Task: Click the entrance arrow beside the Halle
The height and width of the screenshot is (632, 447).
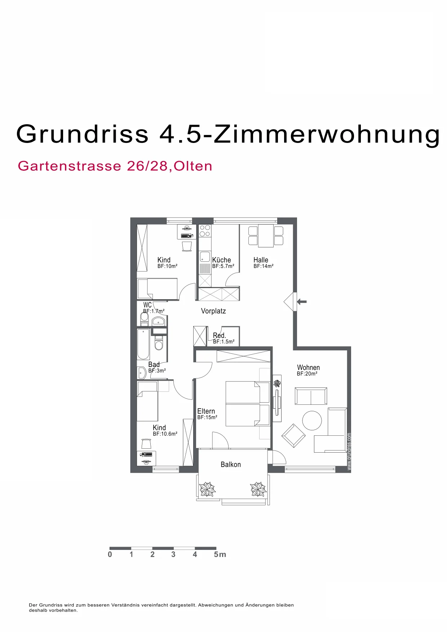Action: tap(302, 301)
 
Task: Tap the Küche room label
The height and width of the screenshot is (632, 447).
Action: tap(221, 260)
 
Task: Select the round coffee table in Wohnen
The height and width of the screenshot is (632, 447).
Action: tap(312, 421)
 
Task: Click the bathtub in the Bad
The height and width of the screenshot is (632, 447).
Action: tap(143, 344)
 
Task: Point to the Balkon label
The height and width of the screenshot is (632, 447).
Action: tap(231, 465)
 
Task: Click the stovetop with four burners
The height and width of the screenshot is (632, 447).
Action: tap(205, 231)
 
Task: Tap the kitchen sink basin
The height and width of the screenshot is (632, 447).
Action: tap(205, 257)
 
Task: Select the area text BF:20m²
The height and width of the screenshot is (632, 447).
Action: tap(307, 374)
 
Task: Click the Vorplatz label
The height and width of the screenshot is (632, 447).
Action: tap(213, 311)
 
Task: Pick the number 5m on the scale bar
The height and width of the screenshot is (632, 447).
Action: tap(220, 554)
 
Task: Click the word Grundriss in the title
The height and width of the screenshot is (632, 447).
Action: tap(83, 134)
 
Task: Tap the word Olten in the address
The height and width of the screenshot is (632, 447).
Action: tap(193, 166)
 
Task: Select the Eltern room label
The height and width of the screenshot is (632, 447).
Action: tap(206, 411)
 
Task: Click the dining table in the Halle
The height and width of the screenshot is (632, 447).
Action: tap(266, 236)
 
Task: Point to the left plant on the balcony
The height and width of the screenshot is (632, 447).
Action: tap(207, 489)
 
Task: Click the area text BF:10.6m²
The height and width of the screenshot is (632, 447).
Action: tap(165, 434)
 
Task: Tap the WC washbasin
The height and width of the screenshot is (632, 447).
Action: tap(158, 321)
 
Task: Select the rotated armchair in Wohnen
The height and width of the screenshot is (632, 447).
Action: tap(293, 435)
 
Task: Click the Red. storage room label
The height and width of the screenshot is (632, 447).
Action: tap(219, 336)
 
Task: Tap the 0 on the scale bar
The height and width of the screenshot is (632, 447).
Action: tap(110, 554)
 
